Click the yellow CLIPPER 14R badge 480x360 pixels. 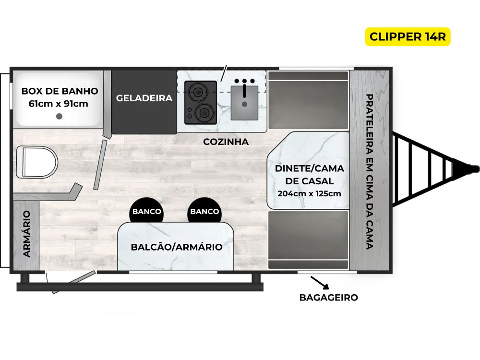click(408, 36)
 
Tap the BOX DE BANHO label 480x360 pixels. click(60, 91)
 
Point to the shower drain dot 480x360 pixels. click(60, 116)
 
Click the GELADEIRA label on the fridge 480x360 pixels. click(144, 98)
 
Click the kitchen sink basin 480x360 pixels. click(244, 103)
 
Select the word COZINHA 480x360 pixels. click(226, 142)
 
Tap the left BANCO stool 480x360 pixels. click(146, 212)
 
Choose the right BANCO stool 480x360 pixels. click(204, 212)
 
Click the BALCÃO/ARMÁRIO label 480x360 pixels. click(176, 247)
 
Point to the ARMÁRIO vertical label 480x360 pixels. click(27, 234)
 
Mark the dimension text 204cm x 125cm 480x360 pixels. click(309, 194)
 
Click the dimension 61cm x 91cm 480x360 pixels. click(59, 104)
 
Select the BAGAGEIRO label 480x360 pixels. click(328, 298)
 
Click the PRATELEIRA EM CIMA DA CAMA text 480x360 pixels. click(369, 171)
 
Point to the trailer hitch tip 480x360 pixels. click(475, 168)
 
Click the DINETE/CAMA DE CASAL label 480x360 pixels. click(309, 175)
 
